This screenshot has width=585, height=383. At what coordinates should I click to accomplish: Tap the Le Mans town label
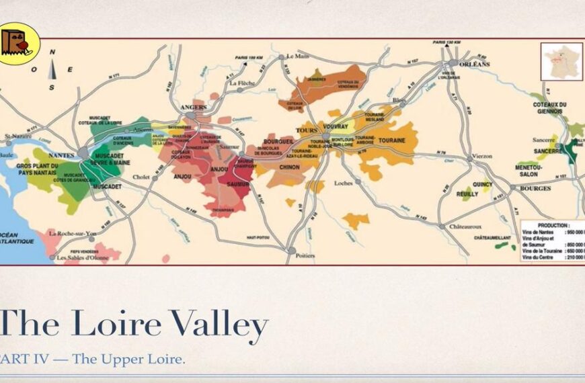click(x=297, y=56)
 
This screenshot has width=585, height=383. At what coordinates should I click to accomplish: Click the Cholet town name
click(x=141, y=177)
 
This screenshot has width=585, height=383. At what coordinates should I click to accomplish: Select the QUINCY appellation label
click(x=482, y=184)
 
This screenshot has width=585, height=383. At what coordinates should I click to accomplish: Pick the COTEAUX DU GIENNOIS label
click(x=549, y=108)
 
